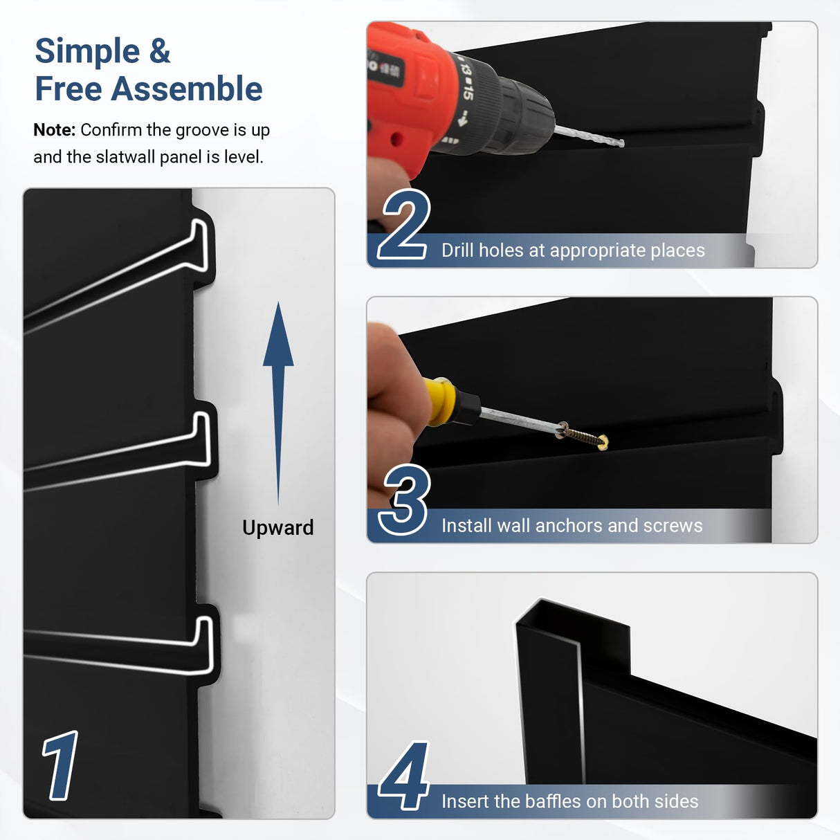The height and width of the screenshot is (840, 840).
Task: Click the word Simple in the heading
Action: [87, 52]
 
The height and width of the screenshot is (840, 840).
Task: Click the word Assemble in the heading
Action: [187, 89]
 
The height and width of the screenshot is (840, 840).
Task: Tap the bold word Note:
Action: [54, 130]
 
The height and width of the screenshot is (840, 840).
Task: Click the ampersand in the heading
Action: [159, 52]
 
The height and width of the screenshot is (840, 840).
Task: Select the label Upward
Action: [277, 527]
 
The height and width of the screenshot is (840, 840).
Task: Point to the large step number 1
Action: [61, 765]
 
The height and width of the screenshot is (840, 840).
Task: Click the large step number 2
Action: [405, 226]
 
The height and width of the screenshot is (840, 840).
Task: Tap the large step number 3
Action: [405, 500]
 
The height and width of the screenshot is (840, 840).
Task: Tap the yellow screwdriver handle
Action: [441, 401]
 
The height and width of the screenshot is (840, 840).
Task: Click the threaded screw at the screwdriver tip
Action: [585, 436]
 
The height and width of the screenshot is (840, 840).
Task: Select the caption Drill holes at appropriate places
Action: [573, 250]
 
